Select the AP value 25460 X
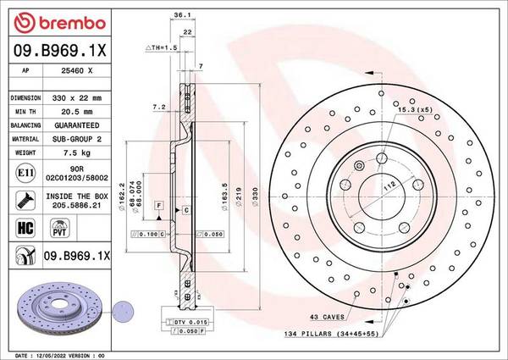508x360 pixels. (77, 72)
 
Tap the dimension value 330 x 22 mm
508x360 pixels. (78, 97)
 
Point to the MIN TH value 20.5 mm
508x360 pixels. (78, 110)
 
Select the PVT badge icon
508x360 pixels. (58, 228)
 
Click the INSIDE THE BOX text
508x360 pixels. (78, 195)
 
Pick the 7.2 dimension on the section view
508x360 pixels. (157, 108)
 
